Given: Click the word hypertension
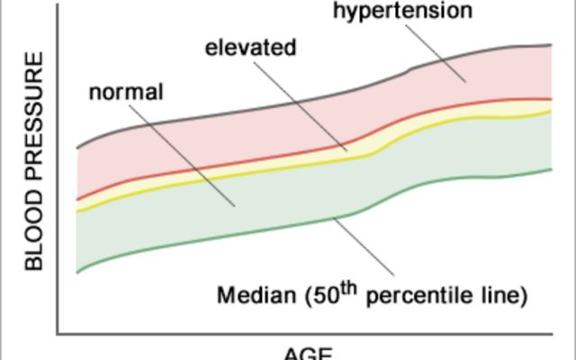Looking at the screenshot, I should pyautogui.click(x=402, y=12).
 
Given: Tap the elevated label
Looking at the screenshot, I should pyautogui.click(x=250, y=47).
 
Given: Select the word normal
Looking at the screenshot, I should pyautogui.click(x=126, y=93).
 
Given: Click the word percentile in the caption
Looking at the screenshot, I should pyautogui.click(x=422, y=296).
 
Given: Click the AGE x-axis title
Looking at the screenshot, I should pyautogui.click(x=309, y=352).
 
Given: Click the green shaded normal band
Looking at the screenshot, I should pyautogui.click(x=180, y=216).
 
